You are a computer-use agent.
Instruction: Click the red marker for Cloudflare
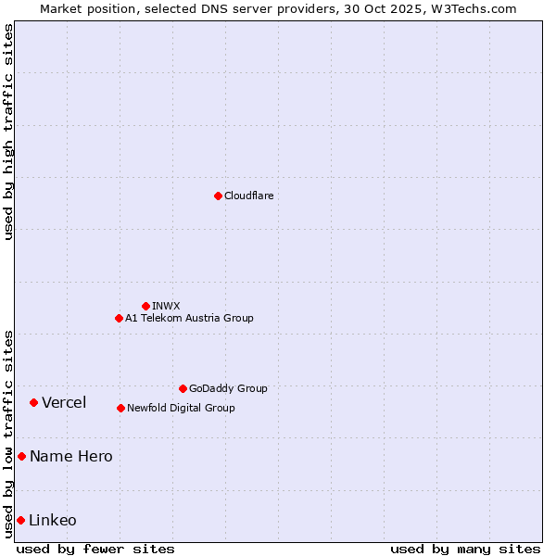(218, 196)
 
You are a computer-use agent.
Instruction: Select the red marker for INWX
(145, 306)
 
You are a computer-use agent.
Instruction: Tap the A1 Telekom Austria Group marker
(119, 318)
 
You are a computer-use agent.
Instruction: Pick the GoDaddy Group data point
(183, 388)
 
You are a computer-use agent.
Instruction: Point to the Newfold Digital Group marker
(120, 408)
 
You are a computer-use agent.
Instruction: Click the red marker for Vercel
(33, 402)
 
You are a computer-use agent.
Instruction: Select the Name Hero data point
(21, 456)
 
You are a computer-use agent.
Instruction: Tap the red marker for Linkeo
(20, 520)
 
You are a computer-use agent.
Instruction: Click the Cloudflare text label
(248, 196)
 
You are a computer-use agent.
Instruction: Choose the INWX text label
(166, 306)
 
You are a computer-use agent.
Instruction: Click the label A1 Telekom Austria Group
(189, 318)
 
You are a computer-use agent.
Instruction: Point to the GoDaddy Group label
(228, 388)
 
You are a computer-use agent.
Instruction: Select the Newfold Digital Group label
(181, 408)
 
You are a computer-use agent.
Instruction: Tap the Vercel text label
(64, 402)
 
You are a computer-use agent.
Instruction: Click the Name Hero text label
(71, 456)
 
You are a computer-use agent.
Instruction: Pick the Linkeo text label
(53, 520)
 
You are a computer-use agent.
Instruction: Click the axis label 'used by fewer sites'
(95, 549)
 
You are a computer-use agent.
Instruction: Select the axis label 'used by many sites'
(465, 549)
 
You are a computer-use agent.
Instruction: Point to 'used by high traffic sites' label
(8, 132)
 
